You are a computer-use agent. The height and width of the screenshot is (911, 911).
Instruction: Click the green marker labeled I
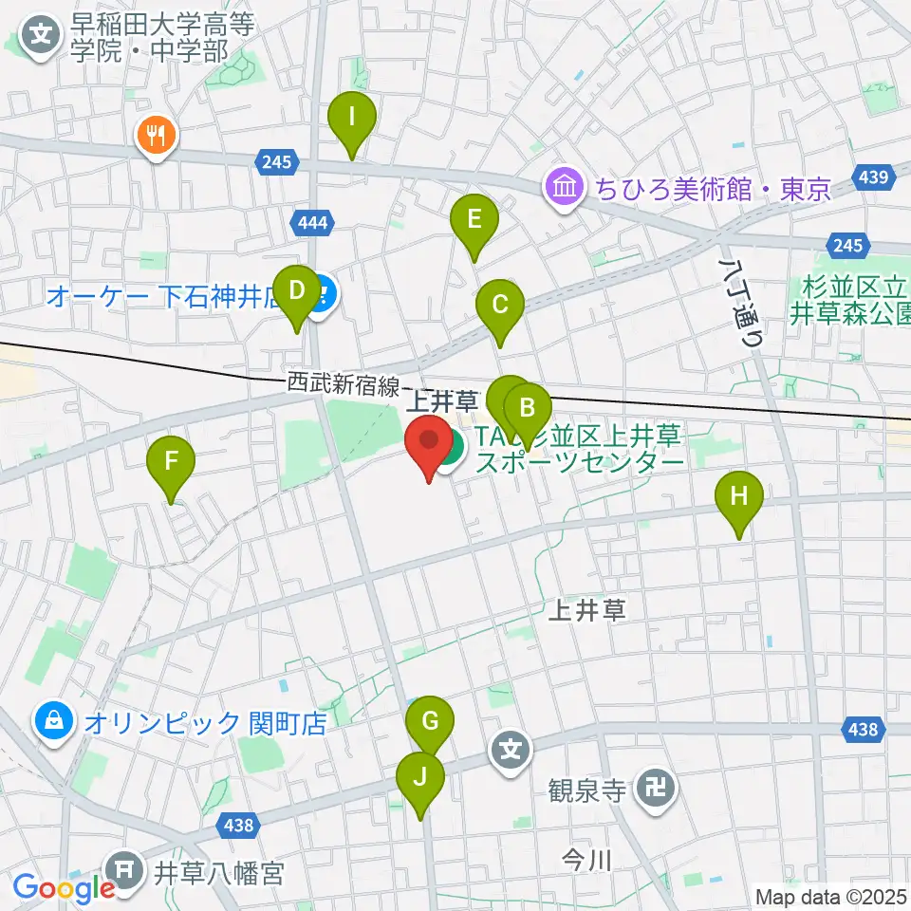tap(352, 120)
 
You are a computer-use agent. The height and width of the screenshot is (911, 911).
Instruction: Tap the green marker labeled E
tap(474, 222)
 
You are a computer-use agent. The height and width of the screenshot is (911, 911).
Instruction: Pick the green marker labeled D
tap(297, 291)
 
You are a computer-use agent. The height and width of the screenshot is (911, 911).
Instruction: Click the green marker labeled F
tap(172, 464)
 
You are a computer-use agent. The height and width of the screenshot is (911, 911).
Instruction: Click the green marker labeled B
tap(528, 411)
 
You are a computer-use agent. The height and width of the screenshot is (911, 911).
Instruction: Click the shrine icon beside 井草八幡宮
tap(127, 869)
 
